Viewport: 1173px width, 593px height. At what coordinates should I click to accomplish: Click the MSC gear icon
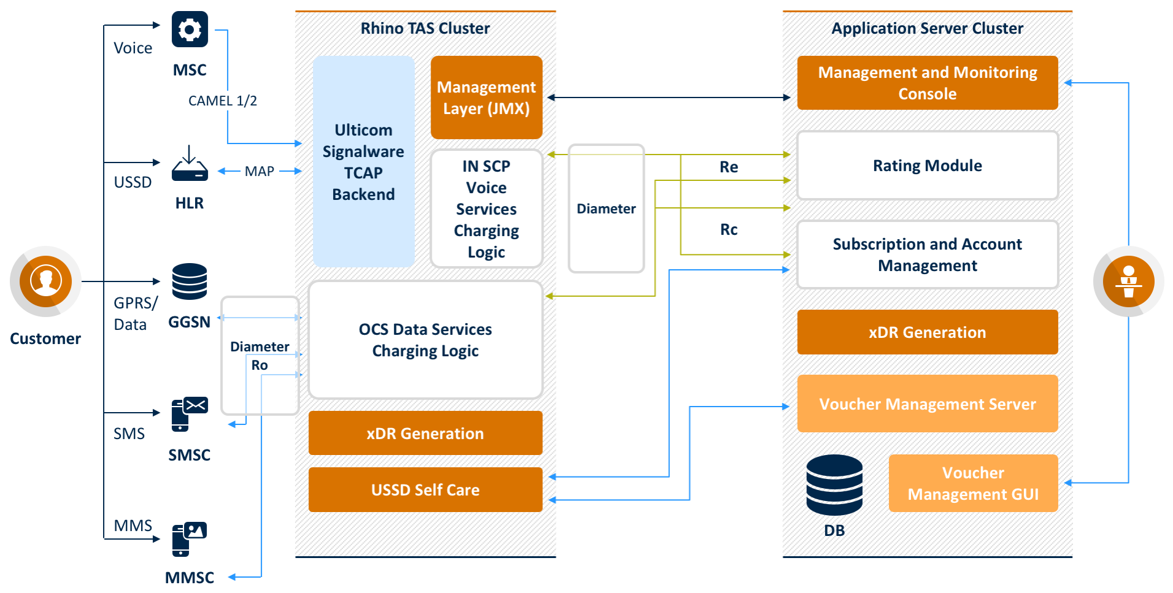pos(190,29)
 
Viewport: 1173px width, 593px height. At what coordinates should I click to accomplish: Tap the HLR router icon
pos(190,164)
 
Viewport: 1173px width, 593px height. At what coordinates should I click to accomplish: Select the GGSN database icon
pos(190,281)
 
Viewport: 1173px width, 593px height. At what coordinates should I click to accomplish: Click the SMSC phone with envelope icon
pos(190,413)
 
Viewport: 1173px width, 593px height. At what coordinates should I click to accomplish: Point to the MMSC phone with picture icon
pos(189,539)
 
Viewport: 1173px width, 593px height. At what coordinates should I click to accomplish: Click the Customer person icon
pos(45,281)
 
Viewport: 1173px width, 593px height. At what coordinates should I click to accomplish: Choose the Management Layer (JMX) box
pos(487,98)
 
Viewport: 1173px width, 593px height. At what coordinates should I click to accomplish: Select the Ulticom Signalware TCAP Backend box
pos(363,162)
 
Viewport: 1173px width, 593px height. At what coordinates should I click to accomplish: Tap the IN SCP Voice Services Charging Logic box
pos(487,209)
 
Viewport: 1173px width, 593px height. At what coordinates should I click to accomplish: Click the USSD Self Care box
pos(425,489)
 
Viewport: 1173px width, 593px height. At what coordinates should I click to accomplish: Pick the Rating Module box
pos(927,166)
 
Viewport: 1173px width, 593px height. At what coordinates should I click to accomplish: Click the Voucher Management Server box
pos(927,404)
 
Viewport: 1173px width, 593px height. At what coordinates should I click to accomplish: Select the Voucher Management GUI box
pos(973,483)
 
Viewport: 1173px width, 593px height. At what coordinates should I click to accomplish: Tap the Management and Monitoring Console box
pos(927,83)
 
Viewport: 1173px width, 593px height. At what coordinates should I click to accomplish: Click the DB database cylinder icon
pos(834,484)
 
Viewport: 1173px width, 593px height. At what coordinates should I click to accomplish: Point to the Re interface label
pos(729,167)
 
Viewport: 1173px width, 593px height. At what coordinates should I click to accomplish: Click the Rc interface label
pos(729,229)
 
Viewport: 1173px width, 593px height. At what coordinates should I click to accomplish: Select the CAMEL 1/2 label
pos(222,101)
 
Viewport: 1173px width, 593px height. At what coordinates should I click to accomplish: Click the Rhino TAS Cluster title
pos(425,28)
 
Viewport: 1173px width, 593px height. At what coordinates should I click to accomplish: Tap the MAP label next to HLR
pos(260,171)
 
